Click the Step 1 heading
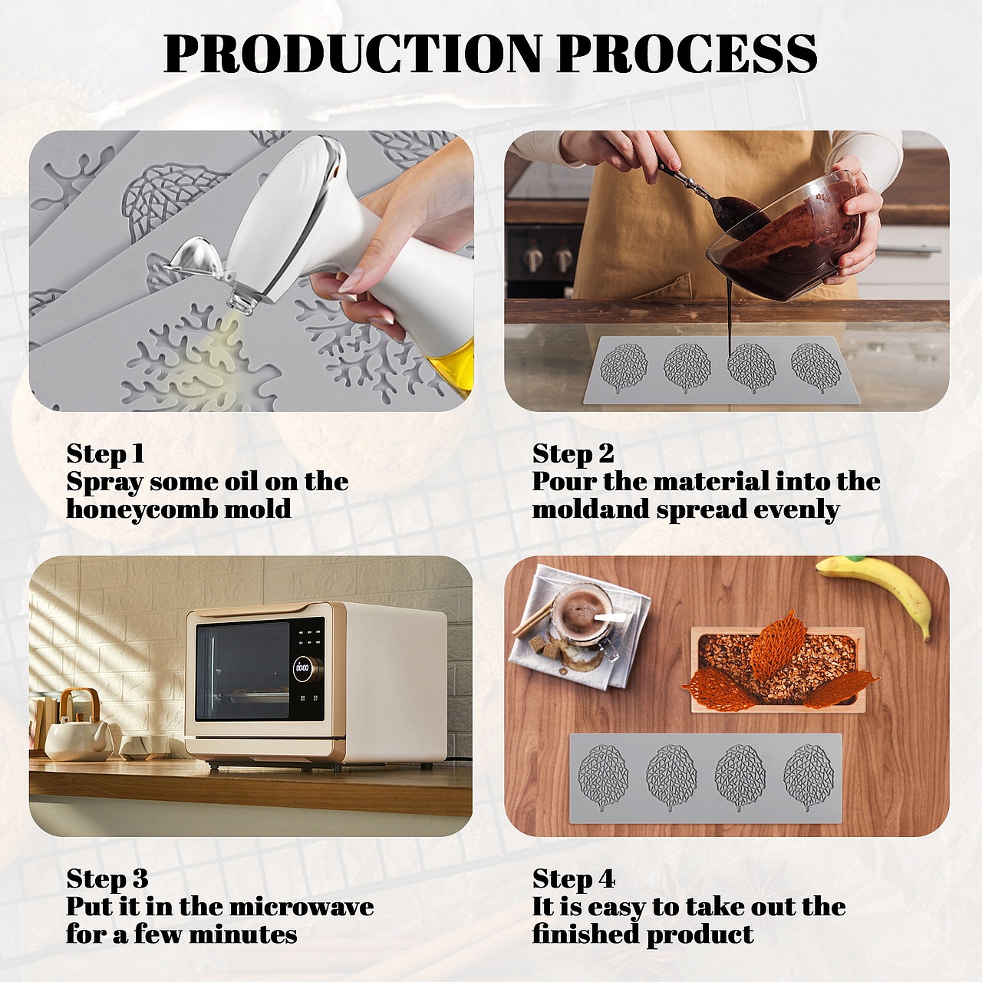105,453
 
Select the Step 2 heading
573,453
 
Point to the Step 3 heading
107,878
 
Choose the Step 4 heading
574,878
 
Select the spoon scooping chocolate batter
713,196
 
